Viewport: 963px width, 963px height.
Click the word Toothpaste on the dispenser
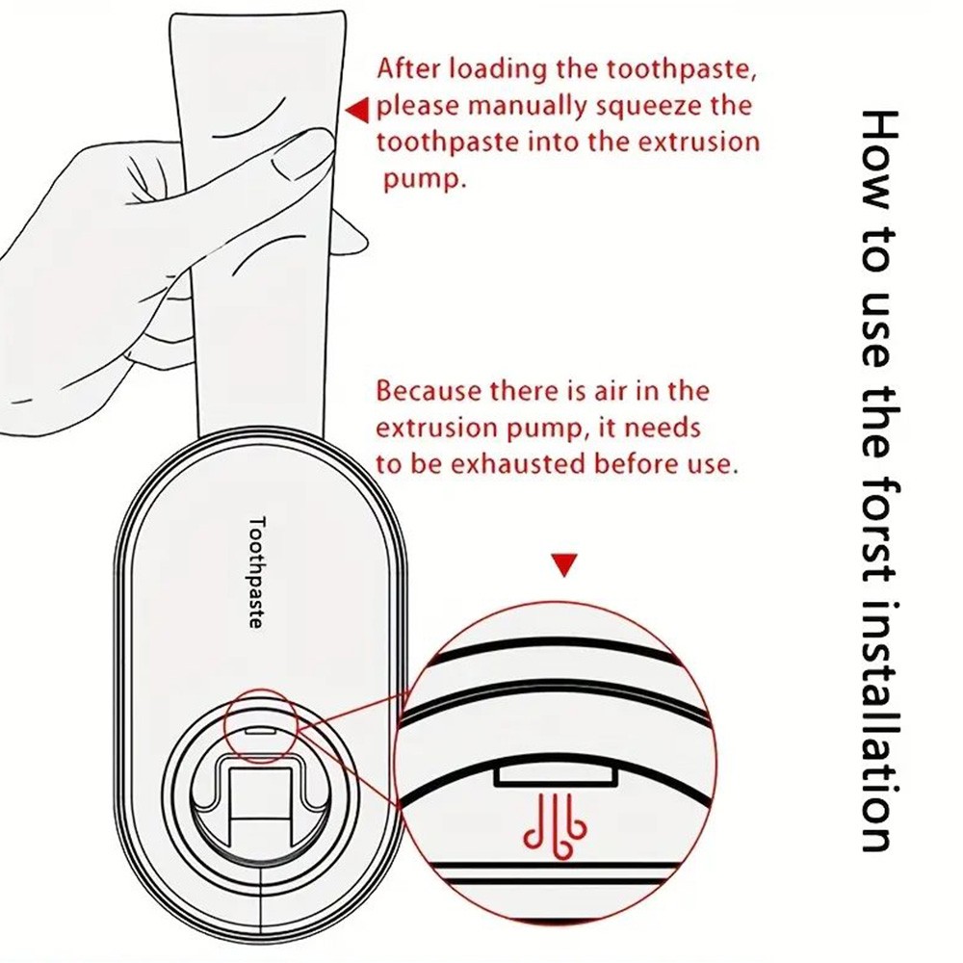[x=255, y=572]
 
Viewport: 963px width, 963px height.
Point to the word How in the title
[x=876, y=164]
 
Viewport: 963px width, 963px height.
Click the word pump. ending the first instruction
[x=424, y=179]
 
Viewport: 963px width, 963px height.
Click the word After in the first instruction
[x=406, y=69]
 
